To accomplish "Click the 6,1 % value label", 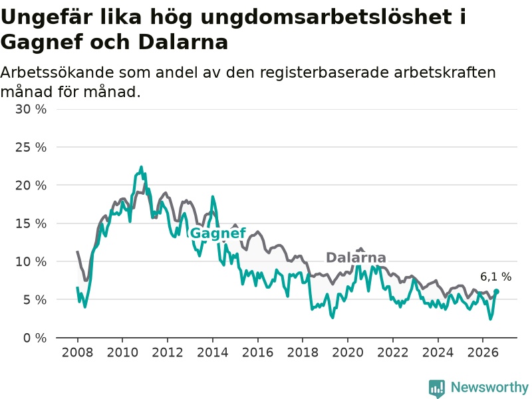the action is tap(495, 277).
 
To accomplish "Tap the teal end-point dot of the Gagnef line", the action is tap(496, 291).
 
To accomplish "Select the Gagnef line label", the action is tap(218, 234).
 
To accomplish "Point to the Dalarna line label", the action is tap(356, 257).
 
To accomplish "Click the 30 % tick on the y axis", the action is tap(31, 109).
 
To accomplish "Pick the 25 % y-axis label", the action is tap(31, 147).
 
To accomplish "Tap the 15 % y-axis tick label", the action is tap(31, 223).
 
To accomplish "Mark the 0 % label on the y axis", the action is tap(35, 338).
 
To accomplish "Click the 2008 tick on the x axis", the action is tap(77, 352).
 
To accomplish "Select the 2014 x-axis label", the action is tap(212, 352).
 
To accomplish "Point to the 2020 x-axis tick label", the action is tap(347, 352).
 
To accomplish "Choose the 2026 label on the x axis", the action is tap(483, 352).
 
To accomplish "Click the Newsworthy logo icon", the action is tap(437, 388).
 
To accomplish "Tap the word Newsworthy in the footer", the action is tap(489, 387).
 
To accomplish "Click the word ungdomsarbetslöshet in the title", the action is tap(327, 17).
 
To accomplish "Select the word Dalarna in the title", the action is tap(183, 42).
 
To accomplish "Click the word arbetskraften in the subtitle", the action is tap(445, 72).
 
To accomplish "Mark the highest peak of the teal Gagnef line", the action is tap(141, 167).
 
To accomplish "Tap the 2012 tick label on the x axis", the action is tap(168, 352).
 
